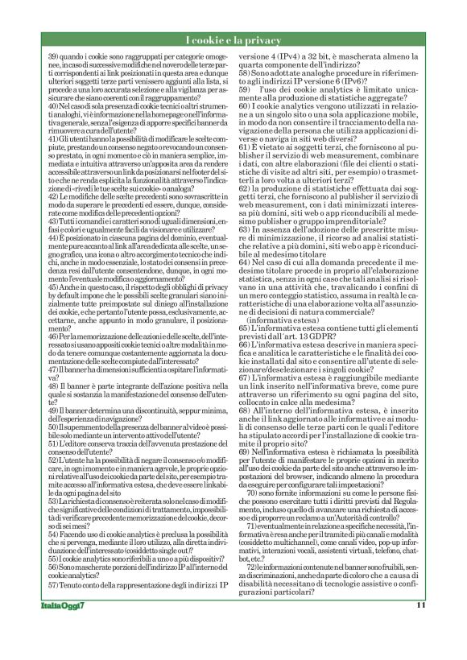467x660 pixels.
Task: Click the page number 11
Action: coord(419,628)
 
